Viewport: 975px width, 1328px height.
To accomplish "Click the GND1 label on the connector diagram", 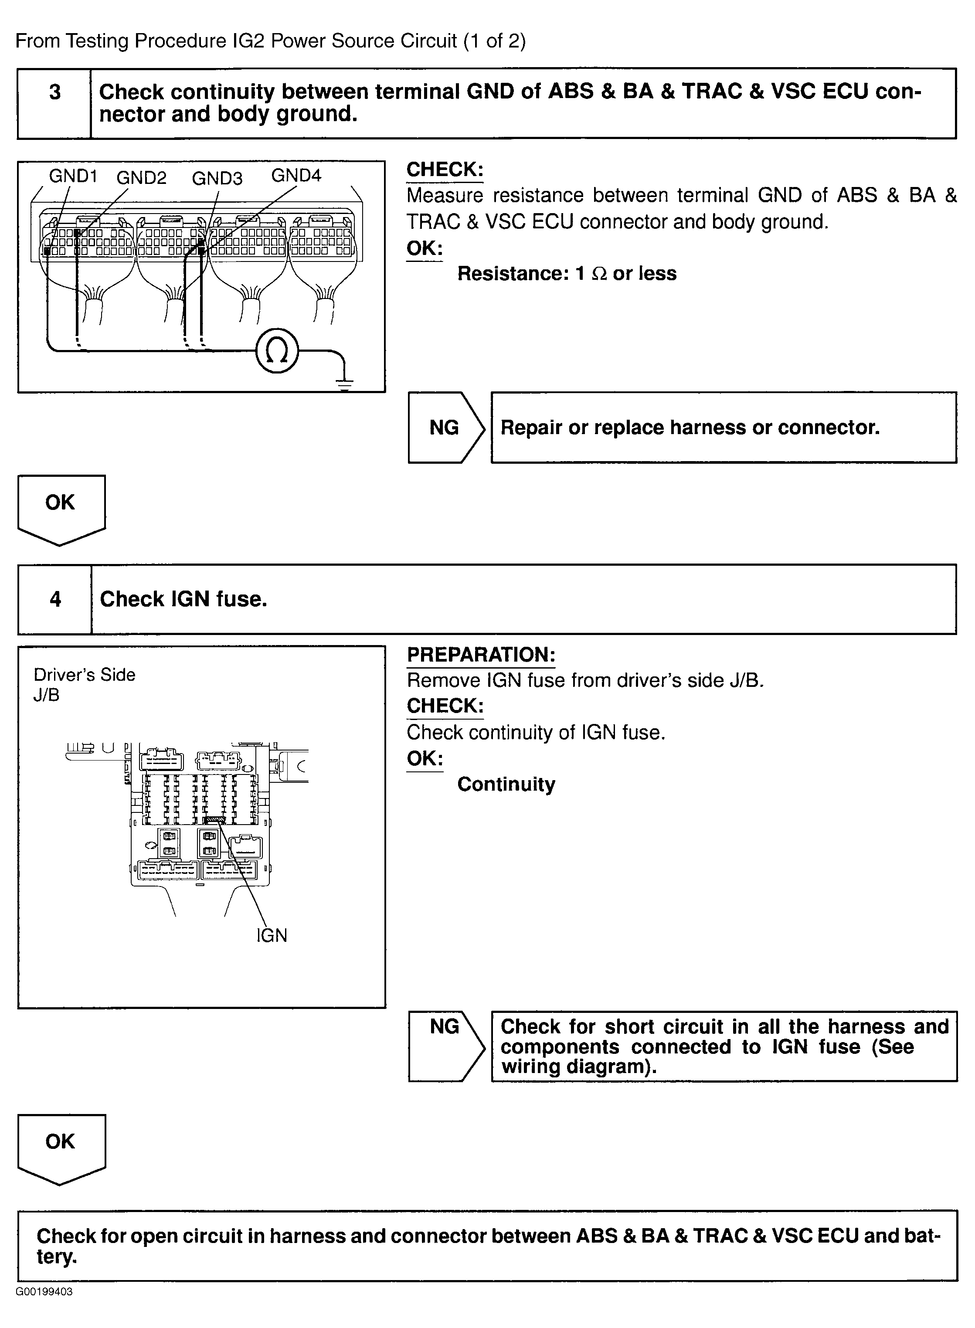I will click(73, 176).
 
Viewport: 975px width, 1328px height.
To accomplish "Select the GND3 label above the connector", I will click(217, 178).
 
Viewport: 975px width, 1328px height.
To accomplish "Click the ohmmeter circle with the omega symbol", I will click(277, 351).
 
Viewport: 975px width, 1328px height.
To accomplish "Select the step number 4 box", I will click(55, 599).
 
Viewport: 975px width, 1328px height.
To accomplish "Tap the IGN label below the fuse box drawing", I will click(272, 935).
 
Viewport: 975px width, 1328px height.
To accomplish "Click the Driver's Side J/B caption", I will click(84, 684).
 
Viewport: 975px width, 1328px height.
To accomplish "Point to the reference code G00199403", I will click(44, 1291).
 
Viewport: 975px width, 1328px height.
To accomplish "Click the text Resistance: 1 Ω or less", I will click(567, 273).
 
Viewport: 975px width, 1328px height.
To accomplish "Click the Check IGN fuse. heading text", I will click(183, 599).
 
